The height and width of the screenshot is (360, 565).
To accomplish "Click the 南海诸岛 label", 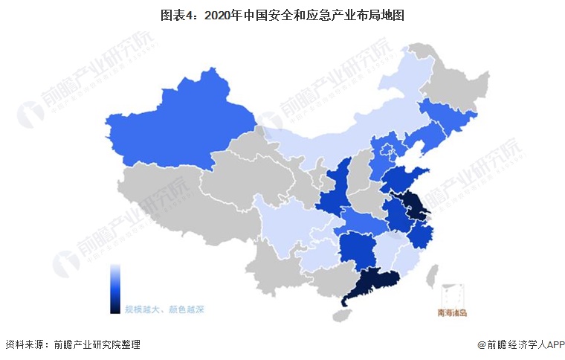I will [452, 313].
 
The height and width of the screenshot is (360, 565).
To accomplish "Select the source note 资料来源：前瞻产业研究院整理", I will [72, 344].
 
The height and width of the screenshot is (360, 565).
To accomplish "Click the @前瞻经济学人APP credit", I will [520, 344].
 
